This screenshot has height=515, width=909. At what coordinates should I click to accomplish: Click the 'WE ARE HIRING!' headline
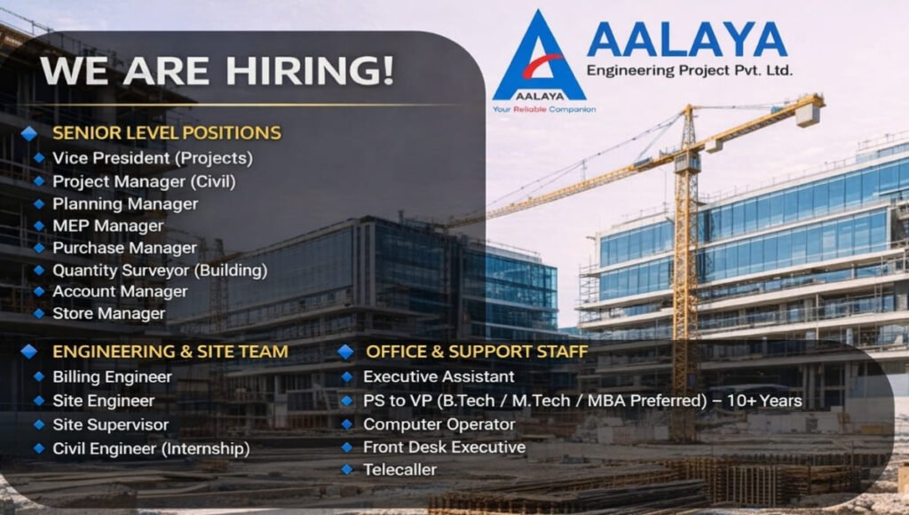click(x=217, y=70)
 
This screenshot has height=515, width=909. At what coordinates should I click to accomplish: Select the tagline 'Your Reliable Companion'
click(x=543, y=109)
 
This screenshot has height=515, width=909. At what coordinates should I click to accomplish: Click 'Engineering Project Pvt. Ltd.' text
click(x=690, y=70)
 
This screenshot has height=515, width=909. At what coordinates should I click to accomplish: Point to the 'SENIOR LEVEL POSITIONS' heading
click(x=167, y=133)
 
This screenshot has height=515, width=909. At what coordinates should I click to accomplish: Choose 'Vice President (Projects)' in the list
click(x=152, y=158)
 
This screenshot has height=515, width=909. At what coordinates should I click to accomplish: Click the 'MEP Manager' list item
click(x=107, y=226)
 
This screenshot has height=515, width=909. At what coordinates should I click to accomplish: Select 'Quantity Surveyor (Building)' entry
click(x=160, y=270)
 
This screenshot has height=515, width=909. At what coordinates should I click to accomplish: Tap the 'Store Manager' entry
click(x=108, y=313)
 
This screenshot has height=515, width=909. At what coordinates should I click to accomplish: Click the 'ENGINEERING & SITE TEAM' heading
click(x=170, y=352)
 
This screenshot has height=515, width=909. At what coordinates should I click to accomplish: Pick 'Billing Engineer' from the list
click(x=112, y=376)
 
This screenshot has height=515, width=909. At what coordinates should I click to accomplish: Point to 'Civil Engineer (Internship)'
click(x=151, y=448)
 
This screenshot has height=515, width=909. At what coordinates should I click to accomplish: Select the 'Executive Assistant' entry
click(x=439, y=376)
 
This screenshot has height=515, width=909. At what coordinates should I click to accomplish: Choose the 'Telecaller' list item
click(x=399, y=470)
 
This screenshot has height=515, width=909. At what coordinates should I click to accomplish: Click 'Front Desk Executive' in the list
click(x=444, y=447)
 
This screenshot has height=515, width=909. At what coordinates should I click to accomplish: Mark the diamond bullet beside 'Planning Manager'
click(x=38, y=203)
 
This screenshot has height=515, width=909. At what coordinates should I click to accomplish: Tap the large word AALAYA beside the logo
click(x=686, y=40)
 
